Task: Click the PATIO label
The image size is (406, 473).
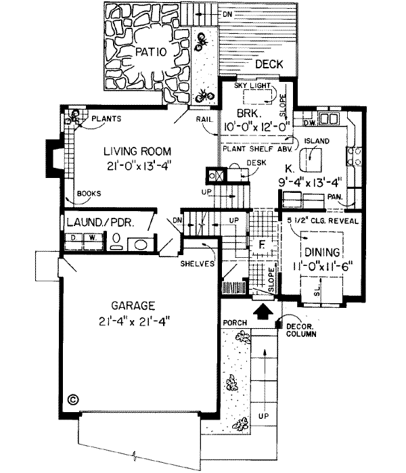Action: pyautogui.click(x=154, y=51)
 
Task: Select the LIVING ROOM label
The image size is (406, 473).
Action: pyautogui.click(x=137, y=151)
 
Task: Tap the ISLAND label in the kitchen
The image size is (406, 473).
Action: pyautogui.click(x=316, y=141)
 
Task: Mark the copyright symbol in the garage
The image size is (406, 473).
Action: pyautogui.click(x=73, y=399)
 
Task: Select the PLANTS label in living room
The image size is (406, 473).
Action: pyautogui.click(x=106, y=119)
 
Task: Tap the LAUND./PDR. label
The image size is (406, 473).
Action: pyautogui.click(x=99, y=222)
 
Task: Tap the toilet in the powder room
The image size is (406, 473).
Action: pyautogui.click(x=116, y=241)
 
